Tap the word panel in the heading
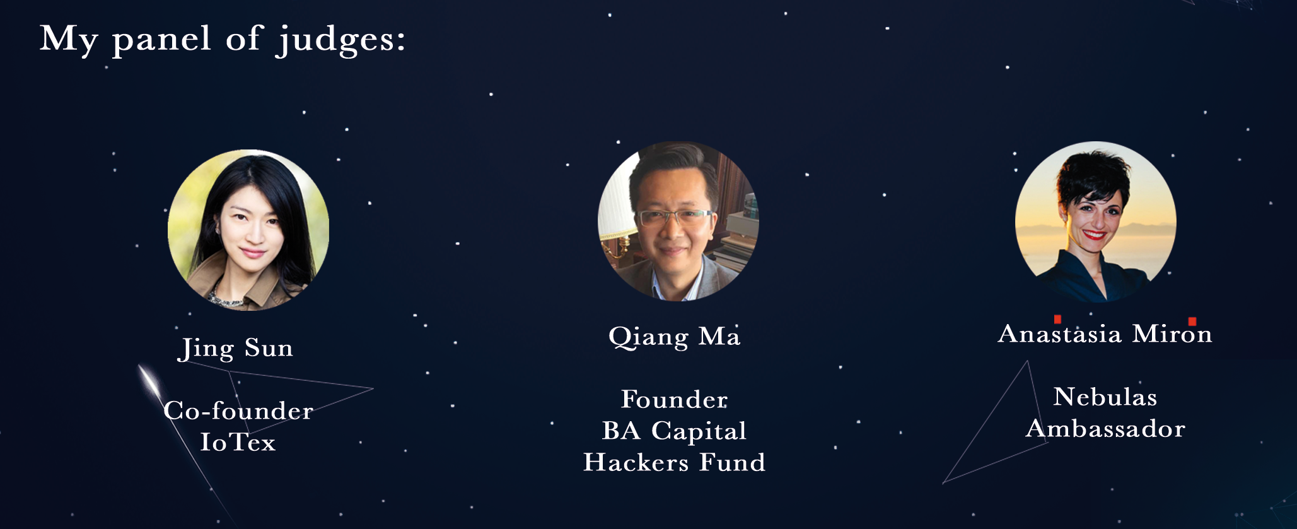pos(161,40)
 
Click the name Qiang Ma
pos(674,337)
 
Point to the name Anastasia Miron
pos(1105,333)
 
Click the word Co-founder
pos(238,411)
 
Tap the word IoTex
pos(238,443)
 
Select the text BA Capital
pos(674,431)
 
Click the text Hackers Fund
pos(674,463)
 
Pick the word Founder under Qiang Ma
pos(674,400)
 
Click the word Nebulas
pos(1105,397)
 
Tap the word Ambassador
pos(1105,429)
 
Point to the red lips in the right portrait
pos(1094,236)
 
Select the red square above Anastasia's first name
pos(1057,319)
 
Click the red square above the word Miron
pos(1192,322)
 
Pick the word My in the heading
pos(69,40)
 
